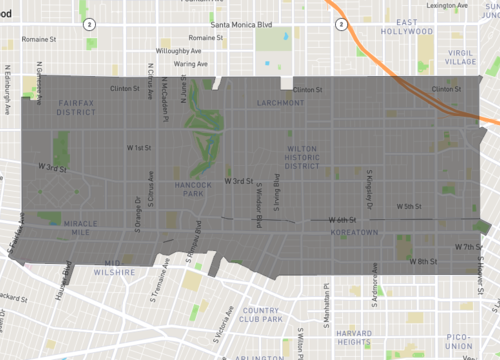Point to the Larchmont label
[280, 102]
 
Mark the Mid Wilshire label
[120, 268]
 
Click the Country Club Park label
[260, 316]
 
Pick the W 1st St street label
[139, 147]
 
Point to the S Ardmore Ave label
[376, 277]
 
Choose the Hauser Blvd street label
[67, 273]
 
